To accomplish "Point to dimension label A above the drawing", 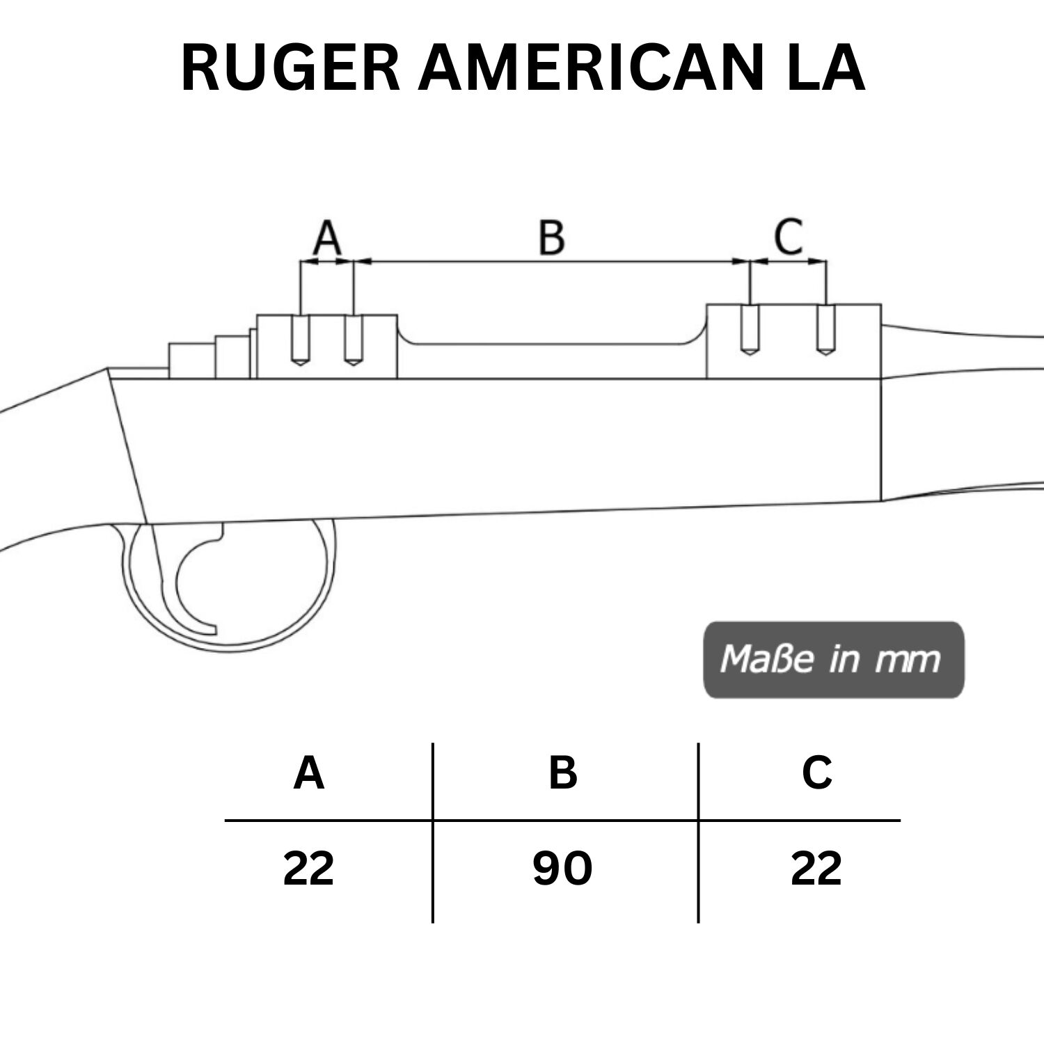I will click(327, 237).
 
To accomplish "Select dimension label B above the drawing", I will click(552, 237).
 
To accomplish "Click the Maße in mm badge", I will click(833, 659).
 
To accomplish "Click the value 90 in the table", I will click(562, 869).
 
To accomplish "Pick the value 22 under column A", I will click(309, 869).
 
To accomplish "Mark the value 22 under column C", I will click(816, 869).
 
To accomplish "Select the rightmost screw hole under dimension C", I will click(825, 331).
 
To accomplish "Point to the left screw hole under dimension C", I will click(749, 331).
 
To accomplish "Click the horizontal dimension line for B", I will click(552, 262).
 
